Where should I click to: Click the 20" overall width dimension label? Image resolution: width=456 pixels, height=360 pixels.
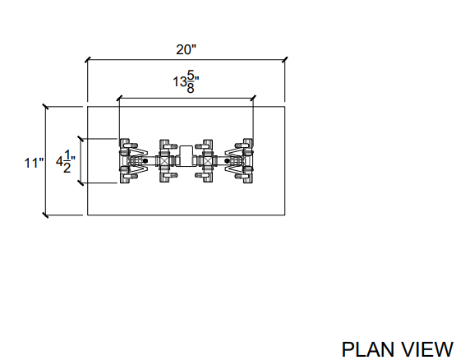click(187, 49)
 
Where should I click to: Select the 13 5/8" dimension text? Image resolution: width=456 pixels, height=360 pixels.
click(187, 82)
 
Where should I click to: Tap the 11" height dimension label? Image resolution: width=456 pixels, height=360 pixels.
click(35, 163)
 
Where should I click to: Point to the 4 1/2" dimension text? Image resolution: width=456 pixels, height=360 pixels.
click(66, 162)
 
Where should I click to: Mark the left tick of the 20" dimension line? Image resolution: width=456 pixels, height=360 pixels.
click(88, 60)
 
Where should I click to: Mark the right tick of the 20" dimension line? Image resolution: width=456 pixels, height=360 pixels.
click(285, 60)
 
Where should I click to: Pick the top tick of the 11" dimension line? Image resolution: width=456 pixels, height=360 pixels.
click(45, 107)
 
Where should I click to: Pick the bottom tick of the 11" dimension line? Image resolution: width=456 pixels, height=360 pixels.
click(45, 215)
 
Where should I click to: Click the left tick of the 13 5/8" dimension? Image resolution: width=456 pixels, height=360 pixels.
click(119, 98)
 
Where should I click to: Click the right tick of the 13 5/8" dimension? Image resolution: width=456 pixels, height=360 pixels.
click(253, 98)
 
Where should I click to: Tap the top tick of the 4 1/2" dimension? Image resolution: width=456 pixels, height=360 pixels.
click(81, 139)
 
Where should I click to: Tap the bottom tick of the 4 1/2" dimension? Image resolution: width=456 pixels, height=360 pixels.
click(81, 183)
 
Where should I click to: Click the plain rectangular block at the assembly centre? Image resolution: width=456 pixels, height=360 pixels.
click(187, 155)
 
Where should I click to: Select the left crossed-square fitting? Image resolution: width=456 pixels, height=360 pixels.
click(164, 160)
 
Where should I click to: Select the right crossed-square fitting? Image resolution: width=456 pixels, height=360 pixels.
click(208, 160)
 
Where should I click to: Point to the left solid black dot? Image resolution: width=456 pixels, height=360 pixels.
click(145, 160)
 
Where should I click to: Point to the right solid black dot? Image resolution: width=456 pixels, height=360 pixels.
click(227, 160)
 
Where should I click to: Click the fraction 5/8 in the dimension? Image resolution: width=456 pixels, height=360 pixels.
click(191, 82)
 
